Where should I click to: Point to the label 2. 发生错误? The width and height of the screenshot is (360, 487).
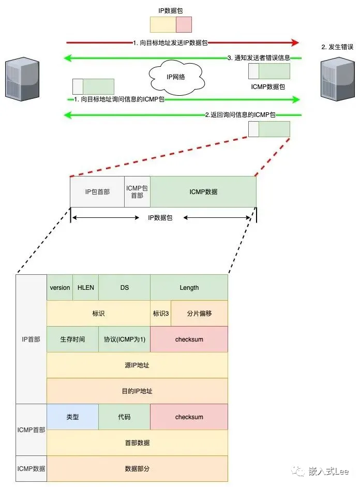pyautogui.click(x=337, y=47)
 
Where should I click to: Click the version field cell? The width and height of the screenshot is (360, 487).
pyautogui.click(x=60, y=288)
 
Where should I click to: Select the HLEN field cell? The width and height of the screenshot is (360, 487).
pyautogui.click(x=86, y=288)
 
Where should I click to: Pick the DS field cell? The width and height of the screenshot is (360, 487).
pyautogui.click(x=124, y=288)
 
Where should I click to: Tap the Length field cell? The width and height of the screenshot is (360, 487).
pyautogui.click(x=189, y=288)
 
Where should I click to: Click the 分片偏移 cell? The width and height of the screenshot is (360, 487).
pyautogui.click(x=199, y=314)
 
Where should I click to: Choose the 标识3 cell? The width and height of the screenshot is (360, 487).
pyautogui.click(x=161, y=314)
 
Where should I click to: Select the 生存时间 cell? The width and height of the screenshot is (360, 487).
pyautogui.click(x=72, y=340)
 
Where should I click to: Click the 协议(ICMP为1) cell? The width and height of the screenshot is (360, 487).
pyautogui.click(x=124, y=340)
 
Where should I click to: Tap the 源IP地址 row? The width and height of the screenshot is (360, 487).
pyautogui.click(x=137, y=365)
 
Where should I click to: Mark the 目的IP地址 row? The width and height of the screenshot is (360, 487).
pyautogui.click(x=137, y=391)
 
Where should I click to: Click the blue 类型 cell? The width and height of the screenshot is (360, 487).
pyautogui.click(x=72, y=417)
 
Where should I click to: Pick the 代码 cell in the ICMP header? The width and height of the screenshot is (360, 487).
pyautogui.click(x=124, y=417)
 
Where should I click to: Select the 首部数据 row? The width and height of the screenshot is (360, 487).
pyautogui.click(x=137, y=443)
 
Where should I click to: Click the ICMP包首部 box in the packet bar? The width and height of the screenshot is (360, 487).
pyautogui.click(x=137, y=192)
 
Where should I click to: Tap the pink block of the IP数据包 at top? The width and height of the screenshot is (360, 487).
pyautogui.click(x=184, y=24)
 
